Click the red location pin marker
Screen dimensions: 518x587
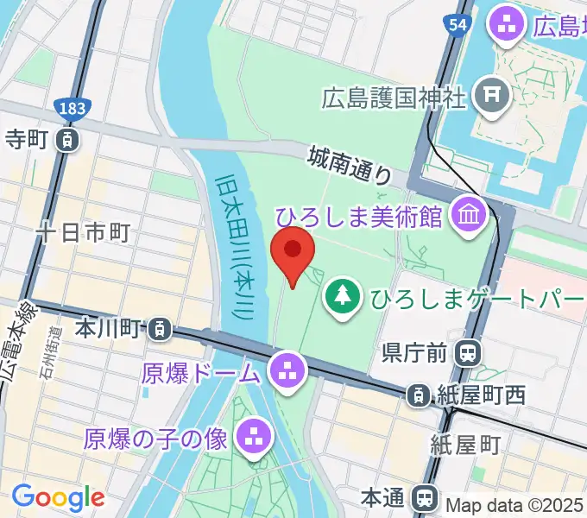coord(293,251)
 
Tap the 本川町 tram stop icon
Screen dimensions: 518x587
coord(159,328)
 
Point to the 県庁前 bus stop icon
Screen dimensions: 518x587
coord(469,352)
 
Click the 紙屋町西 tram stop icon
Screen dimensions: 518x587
coord(418,395)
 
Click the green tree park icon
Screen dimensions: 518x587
coord(344,298)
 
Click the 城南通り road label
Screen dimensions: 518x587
coord(350,164)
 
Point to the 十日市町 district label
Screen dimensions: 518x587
coord(83,232)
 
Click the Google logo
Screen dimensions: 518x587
coord(58,496)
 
